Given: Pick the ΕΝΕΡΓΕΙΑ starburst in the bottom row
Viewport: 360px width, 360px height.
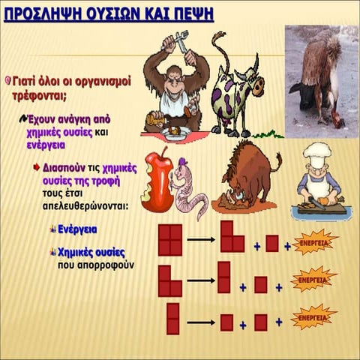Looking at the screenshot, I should coord(313,317).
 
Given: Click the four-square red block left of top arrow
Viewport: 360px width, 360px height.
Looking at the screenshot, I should coord(169,240).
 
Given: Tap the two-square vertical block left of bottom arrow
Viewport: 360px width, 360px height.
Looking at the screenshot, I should coord(172,318).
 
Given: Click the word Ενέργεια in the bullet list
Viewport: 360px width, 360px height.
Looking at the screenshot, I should coord(82,229).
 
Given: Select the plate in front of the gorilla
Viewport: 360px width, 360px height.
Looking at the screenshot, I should coord(175,133).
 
